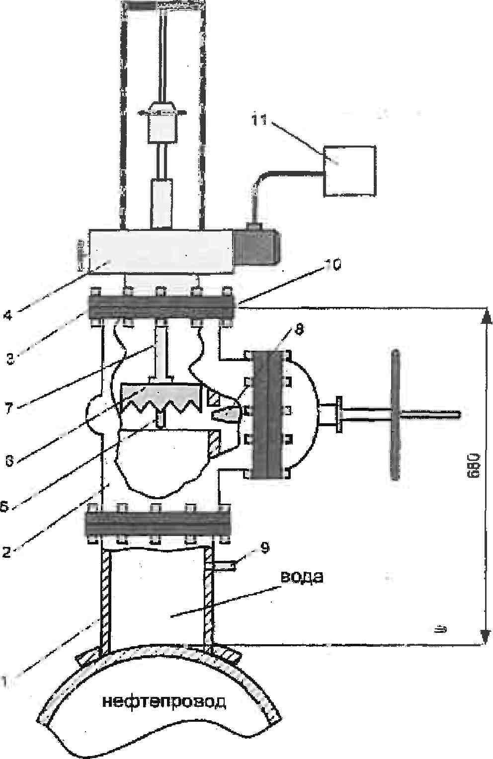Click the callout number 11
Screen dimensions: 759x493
point(259,120)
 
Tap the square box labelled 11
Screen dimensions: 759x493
point(349,170)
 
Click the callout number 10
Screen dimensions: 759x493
point(332,266)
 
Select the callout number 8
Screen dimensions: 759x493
point(298,329)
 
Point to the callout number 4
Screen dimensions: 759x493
point(7,315)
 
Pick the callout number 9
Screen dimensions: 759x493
point(265,548)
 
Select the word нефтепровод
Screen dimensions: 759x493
point(164,702)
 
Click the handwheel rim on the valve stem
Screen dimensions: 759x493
point(396,415)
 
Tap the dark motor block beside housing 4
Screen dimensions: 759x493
point(257,246)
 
